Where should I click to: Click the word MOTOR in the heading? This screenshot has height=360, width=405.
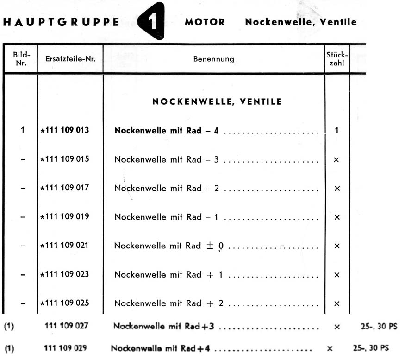[x=205, y=22]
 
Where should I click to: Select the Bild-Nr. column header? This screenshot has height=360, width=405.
[x=21, y=59]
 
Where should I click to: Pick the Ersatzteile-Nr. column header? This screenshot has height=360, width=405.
[x=70, y=59]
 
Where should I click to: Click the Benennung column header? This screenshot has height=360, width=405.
[x=213, y=59]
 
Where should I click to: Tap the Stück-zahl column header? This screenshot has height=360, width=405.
[x=337, y=59]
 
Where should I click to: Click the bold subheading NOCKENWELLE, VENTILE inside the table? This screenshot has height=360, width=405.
[x=217, y=102]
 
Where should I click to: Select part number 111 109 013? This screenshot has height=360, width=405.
[x=65, y=130]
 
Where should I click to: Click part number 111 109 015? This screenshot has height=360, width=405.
[x=65, y=159]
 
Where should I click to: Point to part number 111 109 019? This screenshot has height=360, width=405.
[x=65, y=217]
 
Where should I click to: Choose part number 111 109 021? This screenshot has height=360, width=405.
[x=65, y=246]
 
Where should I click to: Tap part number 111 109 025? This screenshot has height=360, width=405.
[x=65, y=303]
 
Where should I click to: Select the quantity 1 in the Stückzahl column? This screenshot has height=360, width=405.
[x=336, y=131]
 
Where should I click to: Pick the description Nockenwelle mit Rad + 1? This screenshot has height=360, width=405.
[x=168, y=274]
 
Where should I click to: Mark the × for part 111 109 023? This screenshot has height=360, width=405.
[x=336, y=275]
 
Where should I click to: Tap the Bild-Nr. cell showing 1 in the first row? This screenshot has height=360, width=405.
[x=22, y=130]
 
